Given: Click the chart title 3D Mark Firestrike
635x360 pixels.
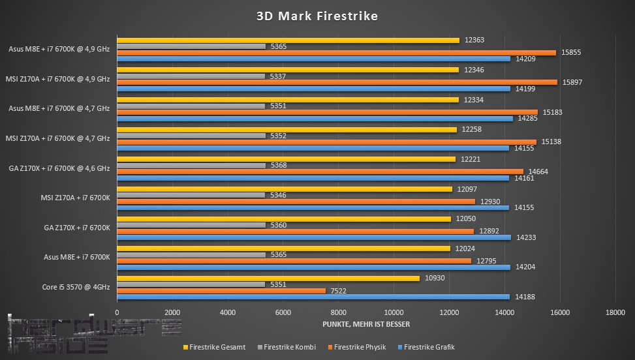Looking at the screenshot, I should (317, 16).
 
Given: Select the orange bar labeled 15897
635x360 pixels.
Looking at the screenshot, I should (337, 82).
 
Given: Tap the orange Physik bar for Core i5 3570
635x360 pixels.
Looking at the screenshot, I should (221, 290).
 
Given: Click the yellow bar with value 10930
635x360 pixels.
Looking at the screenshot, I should (268, 278).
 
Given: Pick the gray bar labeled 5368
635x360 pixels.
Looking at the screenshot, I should (191, 165).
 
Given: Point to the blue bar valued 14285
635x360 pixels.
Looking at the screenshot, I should (315, 119).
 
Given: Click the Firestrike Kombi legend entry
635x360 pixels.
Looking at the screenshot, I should (287, 347).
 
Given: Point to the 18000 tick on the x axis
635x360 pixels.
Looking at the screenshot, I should (615, 312).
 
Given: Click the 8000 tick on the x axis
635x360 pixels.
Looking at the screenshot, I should (338, 312).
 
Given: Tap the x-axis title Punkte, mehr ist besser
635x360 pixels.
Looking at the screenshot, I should (366, 324).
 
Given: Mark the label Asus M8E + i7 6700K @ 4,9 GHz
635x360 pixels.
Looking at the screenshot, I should (59, 49).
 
